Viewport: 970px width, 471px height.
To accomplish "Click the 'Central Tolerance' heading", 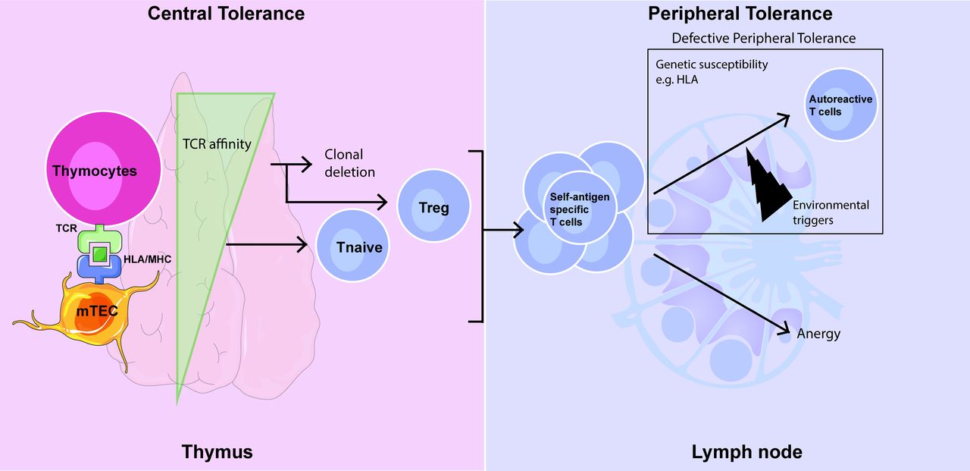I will click(x=226, y=13).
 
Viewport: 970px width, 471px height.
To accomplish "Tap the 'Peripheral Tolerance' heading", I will click(x=740, y=13).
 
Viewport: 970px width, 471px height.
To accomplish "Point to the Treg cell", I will click(x=434, y=206).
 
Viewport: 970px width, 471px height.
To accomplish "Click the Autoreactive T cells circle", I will click(x=840, y=105).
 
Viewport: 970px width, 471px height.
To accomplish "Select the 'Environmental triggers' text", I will click(x=831, y=212).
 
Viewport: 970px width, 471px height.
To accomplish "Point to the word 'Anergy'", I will click(x=818, y=334).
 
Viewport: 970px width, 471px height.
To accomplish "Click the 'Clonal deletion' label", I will click(x=349, y=162).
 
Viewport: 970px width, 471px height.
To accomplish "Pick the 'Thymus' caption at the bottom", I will click(x=217, y=452).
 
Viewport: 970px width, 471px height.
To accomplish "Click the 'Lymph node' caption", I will click(x=746, y=452).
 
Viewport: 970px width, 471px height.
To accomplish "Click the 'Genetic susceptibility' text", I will click(x=712, y=65).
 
